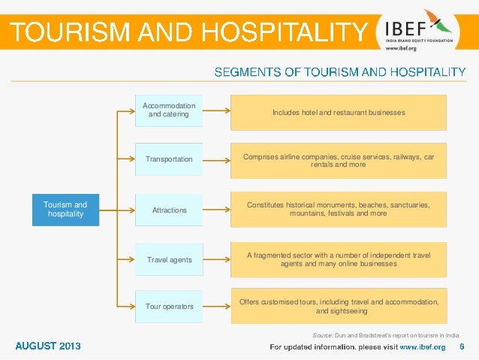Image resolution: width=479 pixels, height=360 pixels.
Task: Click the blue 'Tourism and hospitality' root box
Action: point(65,209)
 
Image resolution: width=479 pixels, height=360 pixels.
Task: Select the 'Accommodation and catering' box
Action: point(169,110)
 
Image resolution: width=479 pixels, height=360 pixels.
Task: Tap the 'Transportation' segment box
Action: point(169,159)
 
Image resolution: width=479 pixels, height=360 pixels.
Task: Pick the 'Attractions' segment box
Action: point(169,210)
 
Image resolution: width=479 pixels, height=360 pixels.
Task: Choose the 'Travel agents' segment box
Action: point(169,259)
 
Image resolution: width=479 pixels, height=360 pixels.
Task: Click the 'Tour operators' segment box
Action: point(169,307)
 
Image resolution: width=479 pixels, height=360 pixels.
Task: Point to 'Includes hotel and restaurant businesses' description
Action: point(339,112)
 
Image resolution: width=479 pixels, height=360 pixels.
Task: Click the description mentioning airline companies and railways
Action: point(339,159)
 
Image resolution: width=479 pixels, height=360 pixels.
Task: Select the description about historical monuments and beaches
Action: point(339,209)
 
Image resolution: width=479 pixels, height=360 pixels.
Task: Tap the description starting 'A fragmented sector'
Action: point(339,259)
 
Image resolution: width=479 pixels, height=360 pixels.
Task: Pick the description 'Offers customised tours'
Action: point(339,306)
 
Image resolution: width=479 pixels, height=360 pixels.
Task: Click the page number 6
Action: point(461,346)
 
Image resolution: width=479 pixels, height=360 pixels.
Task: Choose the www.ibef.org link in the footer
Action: point(422,347)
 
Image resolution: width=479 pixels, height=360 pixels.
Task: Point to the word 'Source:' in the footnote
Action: point(323,334)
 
